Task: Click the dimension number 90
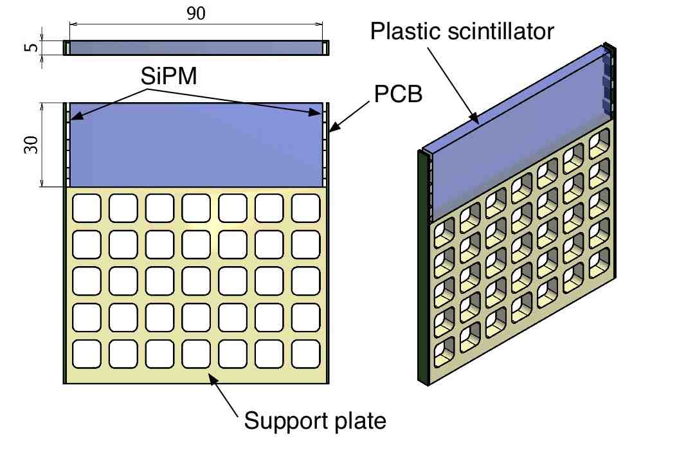click(x=195, y=13)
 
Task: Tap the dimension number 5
click(x=31, y=47)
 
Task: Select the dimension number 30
click(x=31, y=145)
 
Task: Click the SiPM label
click(x=169, y=76)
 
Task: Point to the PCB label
click(x=398, y=94)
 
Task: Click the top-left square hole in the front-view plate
click(x=87, y=208)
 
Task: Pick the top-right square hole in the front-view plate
click(x=305, y=208)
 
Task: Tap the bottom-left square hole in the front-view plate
click(x=87, y=354)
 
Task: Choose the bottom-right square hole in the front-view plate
click(x=305, y=354)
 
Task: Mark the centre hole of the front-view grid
click(x=196, y=281)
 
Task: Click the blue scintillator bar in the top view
click(x=196, y=48)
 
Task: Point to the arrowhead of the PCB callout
click(x=334, y=127)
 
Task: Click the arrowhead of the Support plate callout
click(x=212, y=379)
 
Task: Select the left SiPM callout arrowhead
click(x=76, y=116)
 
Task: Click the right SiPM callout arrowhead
click(x=315, y=112)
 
